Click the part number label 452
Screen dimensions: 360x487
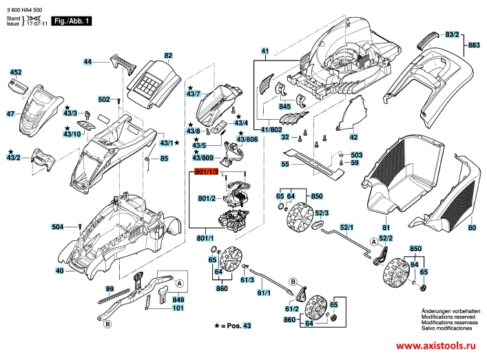pos(15,71)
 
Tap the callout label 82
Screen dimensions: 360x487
pos(167,54)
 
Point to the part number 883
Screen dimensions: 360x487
pos(473,45)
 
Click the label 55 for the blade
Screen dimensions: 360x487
pos(284,164)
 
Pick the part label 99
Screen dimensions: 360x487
pos(110,288)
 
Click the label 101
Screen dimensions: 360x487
pos(178,308)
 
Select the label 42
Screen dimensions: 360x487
pos(353,137)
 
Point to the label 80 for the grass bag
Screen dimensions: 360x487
pos(472,227)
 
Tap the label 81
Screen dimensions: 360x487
pos(386,227)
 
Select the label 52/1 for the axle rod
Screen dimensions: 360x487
pos(346,227)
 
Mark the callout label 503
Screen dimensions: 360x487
pos(356,155)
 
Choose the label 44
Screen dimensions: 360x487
pos(87,62)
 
